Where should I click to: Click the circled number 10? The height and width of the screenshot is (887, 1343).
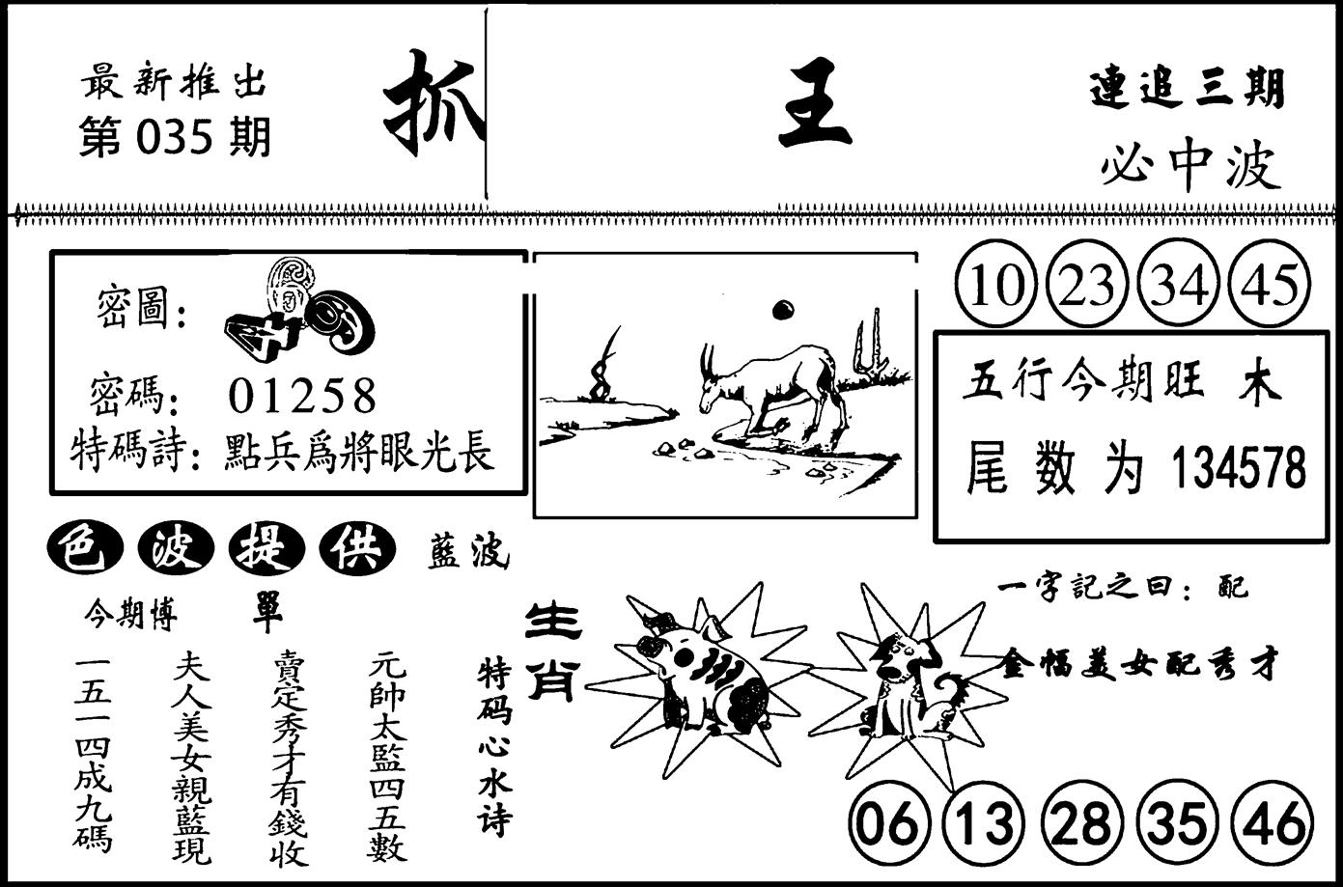(997, 284)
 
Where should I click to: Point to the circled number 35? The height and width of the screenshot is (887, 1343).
(1179, 824)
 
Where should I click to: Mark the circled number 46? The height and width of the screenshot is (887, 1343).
(1274, 824)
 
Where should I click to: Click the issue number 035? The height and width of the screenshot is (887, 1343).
(174, 137)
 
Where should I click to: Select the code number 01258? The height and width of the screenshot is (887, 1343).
(302, 396)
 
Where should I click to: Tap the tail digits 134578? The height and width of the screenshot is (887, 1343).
(1238, 467)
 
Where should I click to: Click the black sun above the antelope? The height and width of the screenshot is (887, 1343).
(782, 310)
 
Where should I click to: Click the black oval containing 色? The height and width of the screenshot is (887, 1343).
(85, 549)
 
